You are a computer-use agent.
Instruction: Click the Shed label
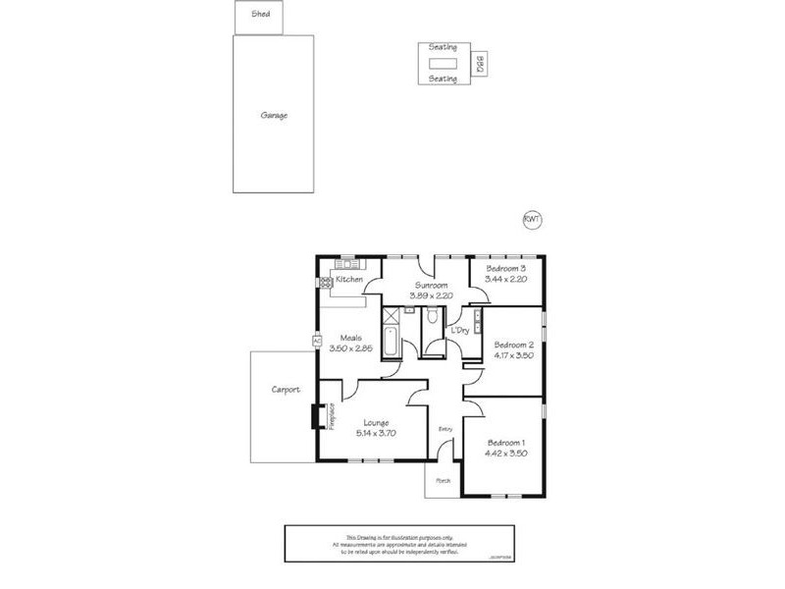260,15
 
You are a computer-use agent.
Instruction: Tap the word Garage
274,115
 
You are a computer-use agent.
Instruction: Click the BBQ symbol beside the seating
481,65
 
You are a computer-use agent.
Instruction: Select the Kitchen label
349,280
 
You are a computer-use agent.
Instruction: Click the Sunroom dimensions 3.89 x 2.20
433,294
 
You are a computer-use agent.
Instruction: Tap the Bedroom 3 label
506,268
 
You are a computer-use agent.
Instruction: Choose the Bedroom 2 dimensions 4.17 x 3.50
513,356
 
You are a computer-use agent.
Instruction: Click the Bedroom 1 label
506,442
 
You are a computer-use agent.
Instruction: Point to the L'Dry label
460,331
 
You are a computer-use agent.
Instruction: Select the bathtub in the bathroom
392,343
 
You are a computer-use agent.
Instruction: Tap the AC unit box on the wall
317,341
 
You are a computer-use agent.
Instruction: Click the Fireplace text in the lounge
332,417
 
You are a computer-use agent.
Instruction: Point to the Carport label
286,390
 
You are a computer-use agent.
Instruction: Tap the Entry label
445,428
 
